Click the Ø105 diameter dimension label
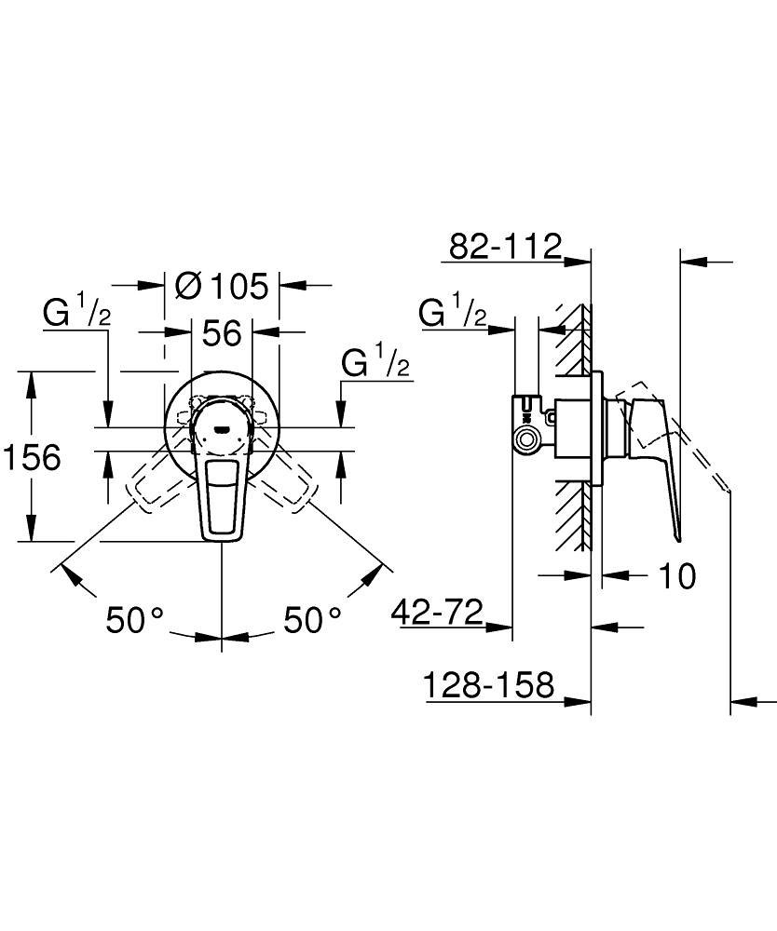[222, 286]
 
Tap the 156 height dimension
[32, 457]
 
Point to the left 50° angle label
[134, 620]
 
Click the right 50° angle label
[312, 620]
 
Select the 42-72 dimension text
[437, 612]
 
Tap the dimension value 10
[677, 575]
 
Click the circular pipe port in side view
[525, 440]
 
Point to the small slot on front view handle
[222, 428]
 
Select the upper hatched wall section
[574, 340]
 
